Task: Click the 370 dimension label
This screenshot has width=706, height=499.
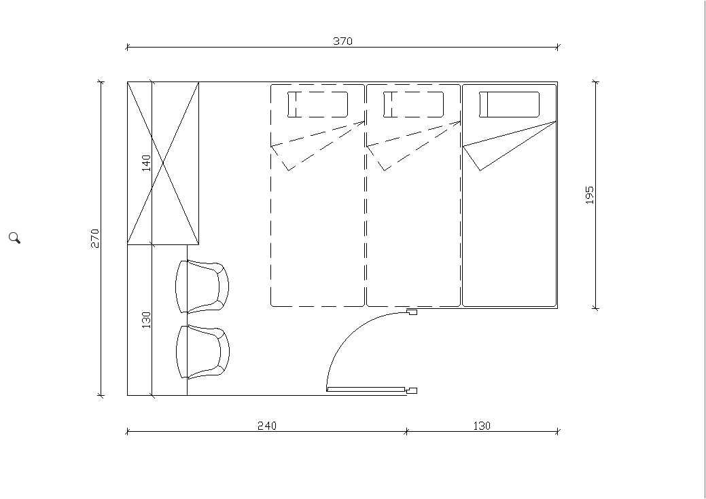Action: (342, 41)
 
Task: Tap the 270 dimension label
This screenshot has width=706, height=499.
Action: (95, 238)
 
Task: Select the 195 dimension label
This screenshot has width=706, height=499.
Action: (589, 196)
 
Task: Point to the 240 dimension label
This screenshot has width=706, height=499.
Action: (267, 426)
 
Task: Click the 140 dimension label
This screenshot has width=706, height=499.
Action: (146, 163)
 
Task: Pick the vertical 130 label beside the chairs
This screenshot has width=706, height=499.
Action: (146, 320)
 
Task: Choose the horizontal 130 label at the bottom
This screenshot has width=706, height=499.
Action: (482, 426)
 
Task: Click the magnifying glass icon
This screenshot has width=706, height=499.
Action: (14, 238)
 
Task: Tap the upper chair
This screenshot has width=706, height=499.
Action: (202, 287)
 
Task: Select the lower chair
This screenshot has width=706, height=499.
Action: (202, 352)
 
